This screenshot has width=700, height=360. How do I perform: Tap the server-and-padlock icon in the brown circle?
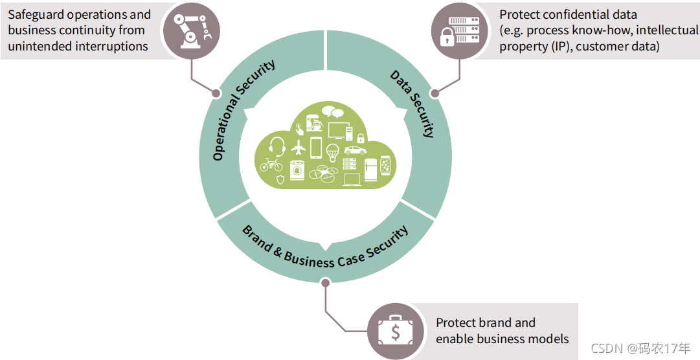click(x=456, y=31)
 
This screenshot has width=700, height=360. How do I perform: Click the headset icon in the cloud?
click(x=278, y=146)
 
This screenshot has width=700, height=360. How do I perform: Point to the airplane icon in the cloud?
click(x=298, y=147)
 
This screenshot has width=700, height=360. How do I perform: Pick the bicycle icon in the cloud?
click(x=271, y=165)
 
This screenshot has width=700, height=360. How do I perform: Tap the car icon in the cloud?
click(x=350, y=150)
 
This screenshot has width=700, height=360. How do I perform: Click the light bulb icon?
click(x=333, y=152)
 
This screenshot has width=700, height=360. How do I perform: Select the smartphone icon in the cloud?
click(x=316, y=148)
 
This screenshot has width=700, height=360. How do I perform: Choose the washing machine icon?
click(x=297, y=170)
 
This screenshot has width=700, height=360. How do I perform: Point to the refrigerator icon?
click(x=370, y=169)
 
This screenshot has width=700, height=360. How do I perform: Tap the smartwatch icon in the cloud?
click(x=385, y=166)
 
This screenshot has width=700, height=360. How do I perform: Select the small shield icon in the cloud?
click(x=280, y=179)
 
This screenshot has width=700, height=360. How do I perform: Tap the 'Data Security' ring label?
click(x=412, y=103)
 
